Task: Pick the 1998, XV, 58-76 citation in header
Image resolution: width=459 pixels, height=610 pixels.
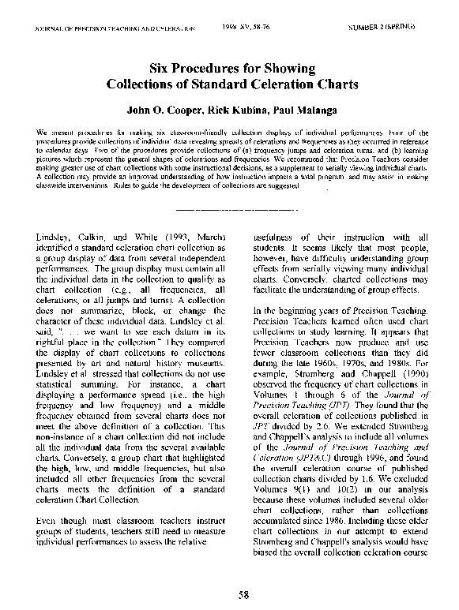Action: [257, 26]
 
